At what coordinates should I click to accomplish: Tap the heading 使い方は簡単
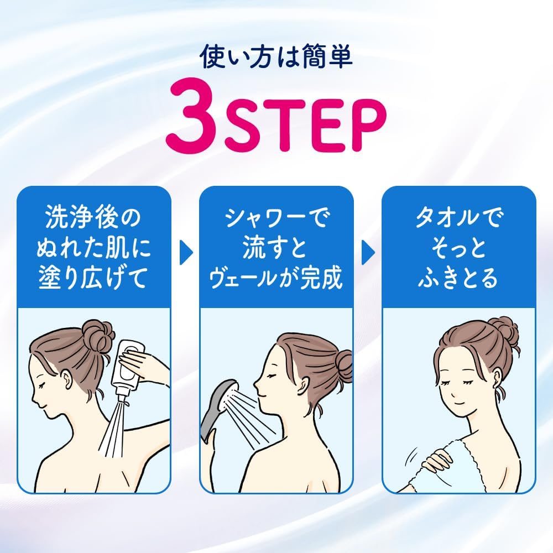(276, 58)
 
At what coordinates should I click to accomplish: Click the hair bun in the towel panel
(502, 332)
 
